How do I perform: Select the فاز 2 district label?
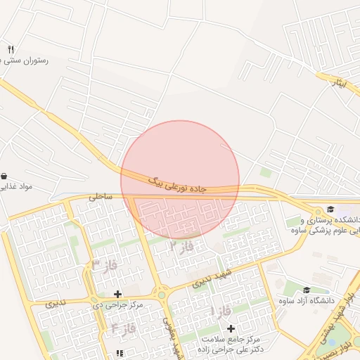pos(181,246)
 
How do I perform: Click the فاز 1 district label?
pos(222,310)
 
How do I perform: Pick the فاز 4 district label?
pos(123,328)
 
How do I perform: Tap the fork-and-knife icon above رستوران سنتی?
pos(10,49)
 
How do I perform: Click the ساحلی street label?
pos(99,198)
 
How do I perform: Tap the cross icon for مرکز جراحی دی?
pos(117,293)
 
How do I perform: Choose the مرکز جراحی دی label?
pos(118,304)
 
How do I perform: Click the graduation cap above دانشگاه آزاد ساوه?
pos(306,290)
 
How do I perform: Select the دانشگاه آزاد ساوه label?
pos(304,301)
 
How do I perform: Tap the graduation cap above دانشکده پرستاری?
pos(330,208)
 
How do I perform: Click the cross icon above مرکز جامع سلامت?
pos(231,328)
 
